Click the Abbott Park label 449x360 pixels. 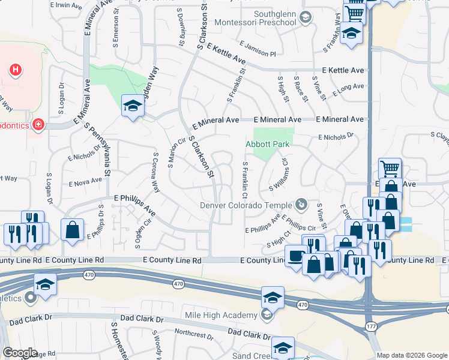tap(268, 144)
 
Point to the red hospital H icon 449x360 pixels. tap(16, 70)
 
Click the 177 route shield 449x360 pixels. tap(372, 326)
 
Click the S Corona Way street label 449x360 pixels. tap(156, 172)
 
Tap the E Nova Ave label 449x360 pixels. tap(86, 182)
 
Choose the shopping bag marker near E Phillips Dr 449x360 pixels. tap(72, 229)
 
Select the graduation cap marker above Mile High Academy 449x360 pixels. tap(272, 296)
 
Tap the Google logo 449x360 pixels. tap(20, 353)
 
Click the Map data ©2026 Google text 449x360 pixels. tap(411, 355)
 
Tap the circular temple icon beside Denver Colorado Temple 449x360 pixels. tap(303, 205)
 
